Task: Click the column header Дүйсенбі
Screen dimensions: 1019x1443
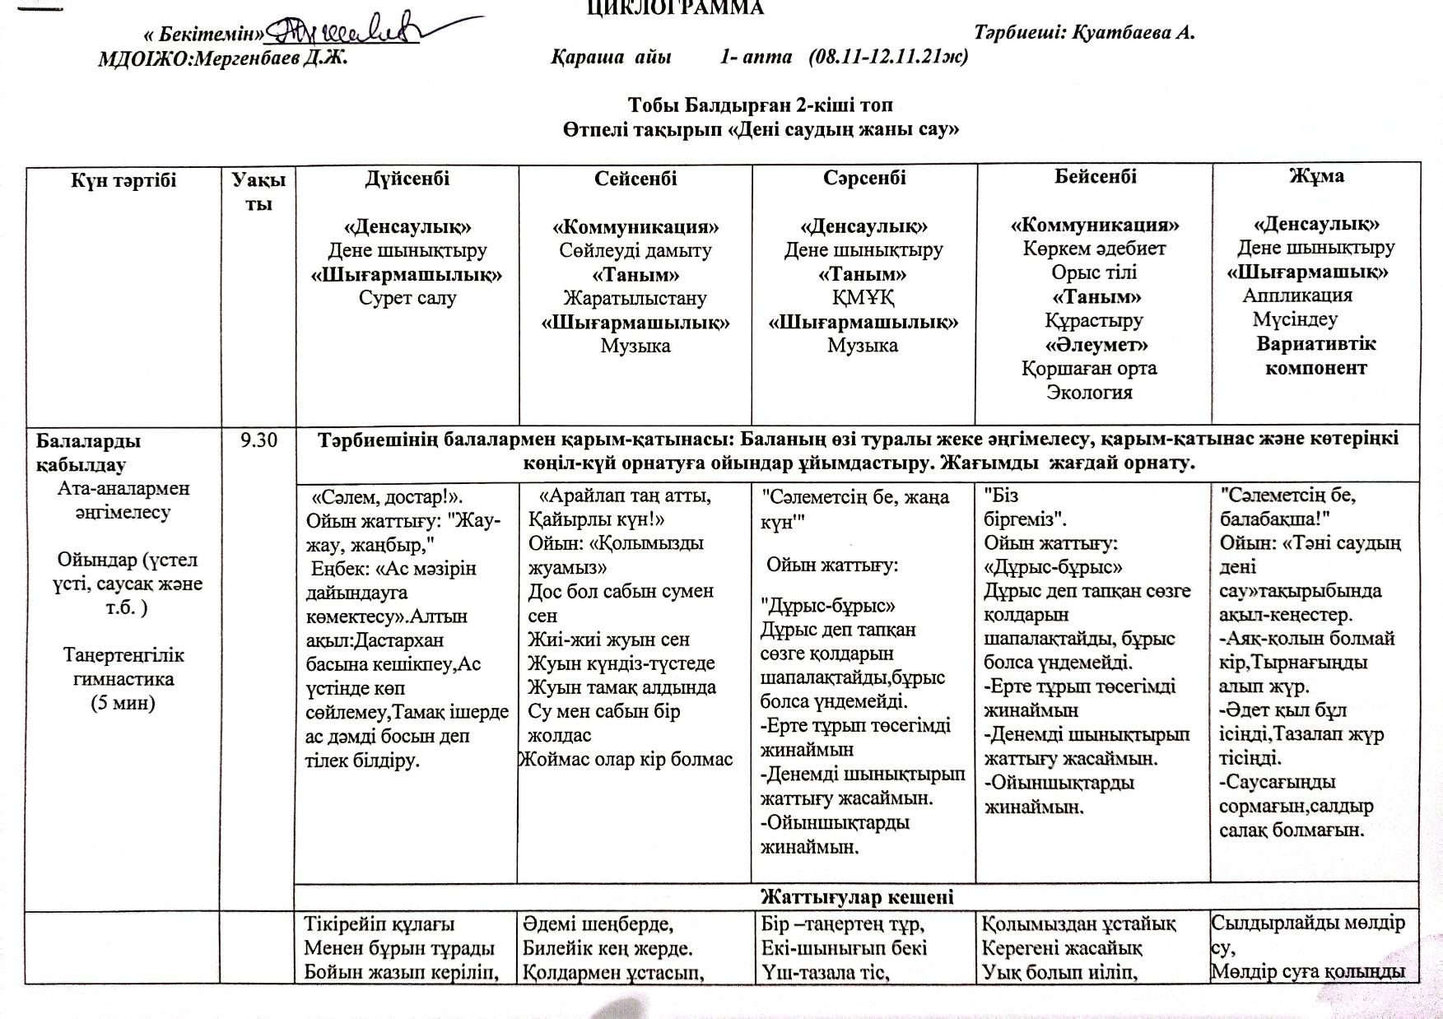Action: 407,179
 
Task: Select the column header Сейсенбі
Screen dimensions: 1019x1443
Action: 635,179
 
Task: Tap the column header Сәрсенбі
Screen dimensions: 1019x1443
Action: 863,178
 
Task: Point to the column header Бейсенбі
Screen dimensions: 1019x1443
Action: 1095,176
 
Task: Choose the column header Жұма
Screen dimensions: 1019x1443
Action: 1315,175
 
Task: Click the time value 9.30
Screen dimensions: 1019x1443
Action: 258,441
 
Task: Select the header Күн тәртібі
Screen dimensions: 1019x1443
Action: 123,180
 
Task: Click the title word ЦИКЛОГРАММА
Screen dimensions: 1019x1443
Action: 675,8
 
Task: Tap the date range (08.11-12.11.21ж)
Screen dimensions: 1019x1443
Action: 887,57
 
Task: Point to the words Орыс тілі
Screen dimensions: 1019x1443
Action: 1094,272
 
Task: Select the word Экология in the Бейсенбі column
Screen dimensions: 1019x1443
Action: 1089,393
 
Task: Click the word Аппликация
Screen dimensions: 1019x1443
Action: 1297,295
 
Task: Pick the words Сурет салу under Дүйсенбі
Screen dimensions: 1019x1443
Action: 407,298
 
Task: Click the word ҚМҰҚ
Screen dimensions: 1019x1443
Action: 863,297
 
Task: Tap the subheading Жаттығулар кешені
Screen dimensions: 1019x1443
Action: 857,896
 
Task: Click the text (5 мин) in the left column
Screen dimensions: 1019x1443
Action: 123,703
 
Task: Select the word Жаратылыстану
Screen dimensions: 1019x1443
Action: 635,298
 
